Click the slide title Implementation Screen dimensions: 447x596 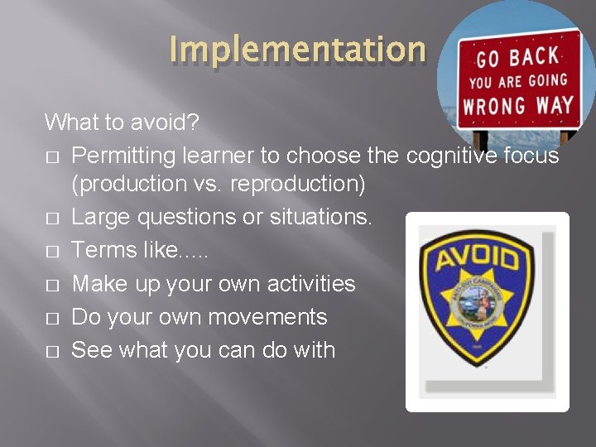point(297,49)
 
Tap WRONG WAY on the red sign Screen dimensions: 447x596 point(518,106)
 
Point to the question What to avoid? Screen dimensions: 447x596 point(121,123)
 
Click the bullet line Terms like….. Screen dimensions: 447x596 point(140,250)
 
